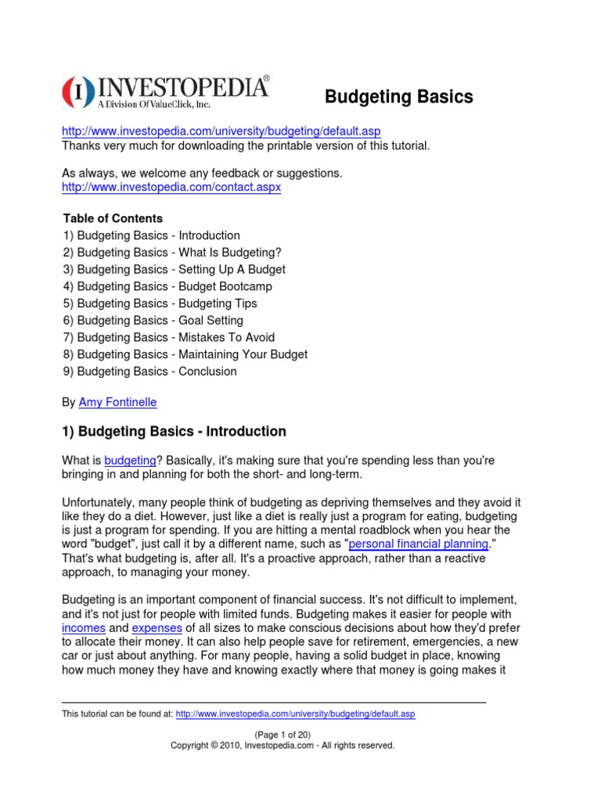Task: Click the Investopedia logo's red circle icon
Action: pyautogui.click(x=78, y=92)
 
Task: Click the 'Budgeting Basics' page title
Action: pyautogui.click(x=398, y=97)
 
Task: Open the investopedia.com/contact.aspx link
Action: pyautogui.click(x=171, y=188)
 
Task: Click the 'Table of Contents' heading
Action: pyautogui.click(x=113, y=218)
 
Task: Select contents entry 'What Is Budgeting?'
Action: pyautogui.click(x=171, y=252)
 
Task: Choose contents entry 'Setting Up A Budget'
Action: pyautogui.click(x=174, y=269)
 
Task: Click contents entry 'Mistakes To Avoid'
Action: pyautogui.click(x=169, y=338)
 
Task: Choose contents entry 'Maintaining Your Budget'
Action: pyautogui.click(x=185, y=354)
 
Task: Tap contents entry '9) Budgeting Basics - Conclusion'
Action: pyautogui.click(x=149, y=372)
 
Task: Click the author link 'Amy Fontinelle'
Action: pyautogui.click(x=117, y=402)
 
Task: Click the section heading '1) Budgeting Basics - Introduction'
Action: pyautogui.click(x=174, y=431)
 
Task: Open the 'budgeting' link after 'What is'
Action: pyautogui.click(x=130, y=461)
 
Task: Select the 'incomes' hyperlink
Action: pyautogui.click(x=84, y=627)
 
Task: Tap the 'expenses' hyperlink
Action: pyautogui.click(x=157, y=627)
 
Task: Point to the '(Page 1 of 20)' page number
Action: pyautogui.click(x=283, y=735)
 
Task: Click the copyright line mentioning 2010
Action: pyautogui.click(x=283, y=746)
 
